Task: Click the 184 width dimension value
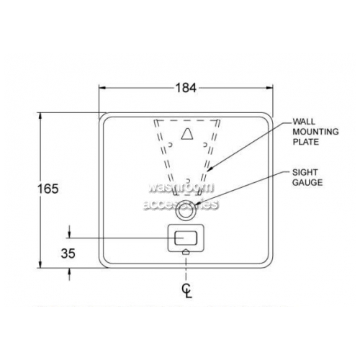point(186,88)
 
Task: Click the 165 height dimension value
point(48,189)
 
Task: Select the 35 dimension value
point(68,253)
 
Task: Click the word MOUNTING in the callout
point(315,132)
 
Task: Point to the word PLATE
point(306,142)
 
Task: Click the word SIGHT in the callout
point(305,172)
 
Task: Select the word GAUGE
point(307,182)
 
